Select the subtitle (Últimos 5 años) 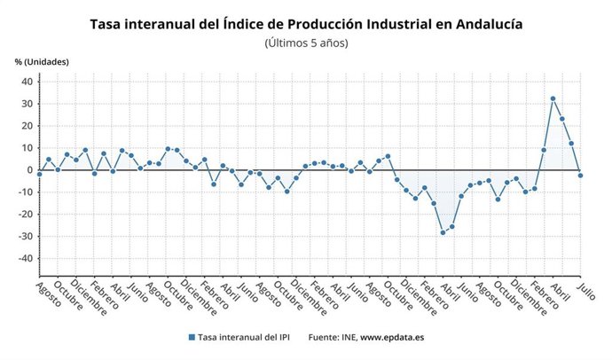[x=306, y=43]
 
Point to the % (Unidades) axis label [x=41, y=61]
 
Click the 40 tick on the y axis [x=27, y=82]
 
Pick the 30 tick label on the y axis [x=27, y=104]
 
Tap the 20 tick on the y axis [x=27, y=126]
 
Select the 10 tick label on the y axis [x=27, y=148]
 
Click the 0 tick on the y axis [x=29, y=170]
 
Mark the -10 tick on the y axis [x=25, y=192]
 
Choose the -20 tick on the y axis [x=25, y=215]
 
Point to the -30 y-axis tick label [x=25, y=237]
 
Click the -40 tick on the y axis [x=25, y=259]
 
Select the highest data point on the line [x=553, y=98]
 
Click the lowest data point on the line [x=443, y=232]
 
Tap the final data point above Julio [x=580, y=176]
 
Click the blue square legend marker [x=192, y=337]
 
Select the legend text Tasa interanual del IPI [x=244, y=337]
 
